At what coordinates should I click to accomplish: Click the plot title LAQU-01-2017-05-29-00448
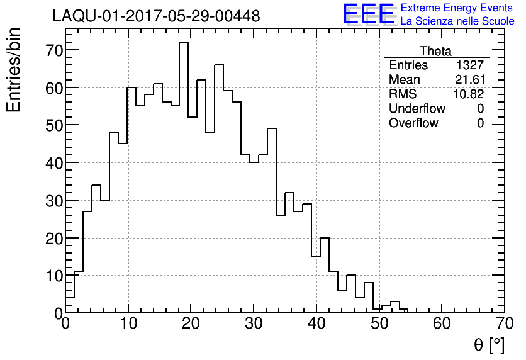click(156, 16)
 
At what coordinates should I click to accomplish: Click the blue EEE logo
click(368, 14)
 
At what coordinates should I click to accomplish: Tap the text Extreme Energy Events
click(456, 8)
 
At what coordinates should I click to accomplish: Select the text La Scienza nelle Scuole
click(457, 21)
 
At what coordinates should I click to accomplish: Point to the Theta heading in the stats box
click(435, 52)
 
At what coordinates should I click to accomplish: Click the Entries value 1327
click(471, 65)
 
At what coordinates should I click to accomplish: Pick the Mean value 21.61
click(469, 80)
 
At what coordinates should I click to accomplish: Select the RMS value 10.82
click(469, 94)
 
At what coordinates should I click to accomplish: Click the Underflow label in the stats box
click(417, 109)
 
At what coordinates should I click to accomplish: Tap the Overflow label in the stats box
click(413, 123)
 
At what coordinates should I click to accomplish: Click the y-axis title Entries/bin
click(14, 70)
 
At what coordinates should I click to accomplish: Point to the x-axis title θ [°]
click(489, 344)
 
